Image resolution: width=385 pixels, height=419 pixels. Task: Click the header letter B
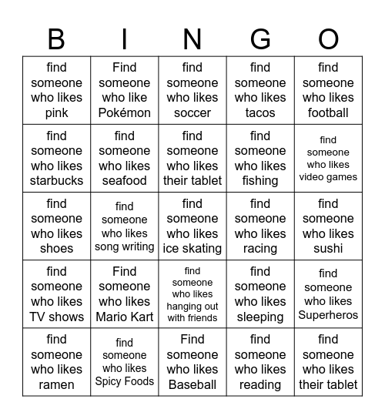click(x=56, y=39)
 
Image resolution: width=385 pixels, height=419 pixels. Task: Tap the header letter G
click(x=260, y=39)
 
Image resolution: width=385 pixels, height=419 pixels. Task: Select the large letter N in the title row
click(x=192, y=39)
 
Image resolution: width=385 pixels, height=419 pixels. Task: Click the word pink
click(x=56, y=112)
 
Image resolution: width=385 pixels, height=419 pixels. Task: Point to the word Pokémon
click(x=124, y=112)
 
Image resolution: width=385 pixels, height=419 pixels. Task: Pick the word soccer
click(x=192, y=112)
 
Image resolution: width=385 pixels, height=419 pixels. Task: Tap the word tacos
click(x=260, y=112)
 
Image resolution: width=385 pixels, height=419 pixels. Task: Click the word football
click(x=328, y=112)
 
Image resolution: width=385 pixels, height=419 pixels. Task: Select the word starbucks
click(x=56, y=180)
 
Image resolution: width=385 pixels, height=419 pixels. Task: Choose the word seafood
click(x=124, y=180)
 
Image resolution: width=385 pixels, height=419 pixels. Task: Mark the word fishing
click(x=260, y=181)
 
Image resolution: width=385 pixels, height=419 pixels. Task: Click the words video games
click(x=328, y=177)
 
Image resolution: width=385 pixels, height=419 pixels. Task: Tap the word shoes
click(x=56, y=248)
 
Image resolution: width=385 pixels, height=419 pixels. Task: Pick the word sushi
click(x=328, y=248)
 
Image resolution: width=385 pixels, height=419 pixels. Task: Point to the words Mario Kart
click(x=124, y=316)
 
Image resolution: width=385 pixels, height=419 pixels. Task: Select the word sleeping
click(x=260, y=317)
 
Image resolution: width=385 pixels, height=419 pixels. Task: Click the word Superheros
click(x=328, y=314)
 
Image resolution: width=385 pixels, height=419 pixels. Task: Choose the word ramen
click(x=56, y=384)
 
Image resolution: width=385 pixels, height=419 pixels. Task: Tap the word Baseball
click(x=192, y=384)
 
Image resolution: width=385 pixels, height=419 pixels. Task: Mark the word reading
click(x=260, y=384)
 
